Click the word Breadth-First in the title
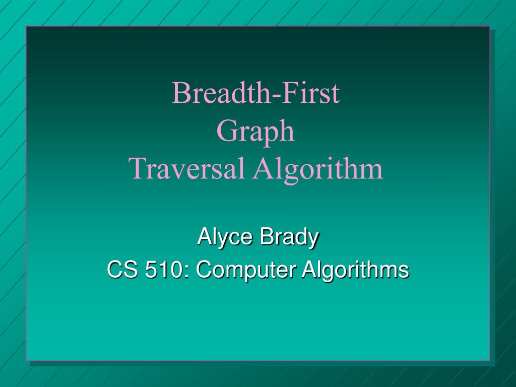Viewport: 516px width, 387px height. pos(255,93)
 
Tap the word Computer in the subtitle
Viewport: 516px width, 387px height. pos(245,271)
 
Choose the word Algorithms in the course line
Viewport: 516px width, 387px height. pos(355,271)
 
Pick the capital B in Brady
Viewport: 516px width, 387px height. pos(267,236)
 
